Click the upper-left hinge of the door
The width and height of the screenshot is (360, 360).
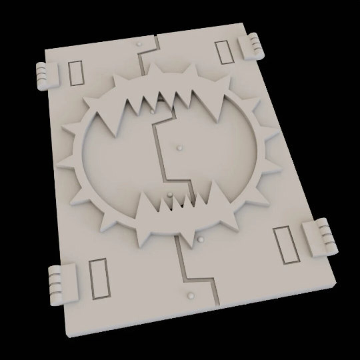click(x=46, y=76)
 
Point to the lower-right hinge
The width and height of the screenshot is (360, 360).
click(x=319, y=238)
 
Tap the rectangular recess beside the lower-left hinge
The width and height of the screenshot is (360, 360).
click(x=99, y=278)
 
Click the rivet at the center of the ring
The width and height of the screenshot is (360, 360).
click(x=180, y=147)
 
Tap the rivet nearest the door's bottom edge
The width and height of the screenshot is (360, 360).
click(x=191, y=295)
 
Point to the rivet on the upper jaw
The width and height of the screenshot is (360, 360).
click(x=152, y=111)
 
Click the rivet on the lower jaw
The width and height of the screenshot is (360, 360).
click(x=170, y=194)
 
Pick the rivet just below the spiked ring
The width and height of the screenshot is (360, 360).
click(x=200, y=239)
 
